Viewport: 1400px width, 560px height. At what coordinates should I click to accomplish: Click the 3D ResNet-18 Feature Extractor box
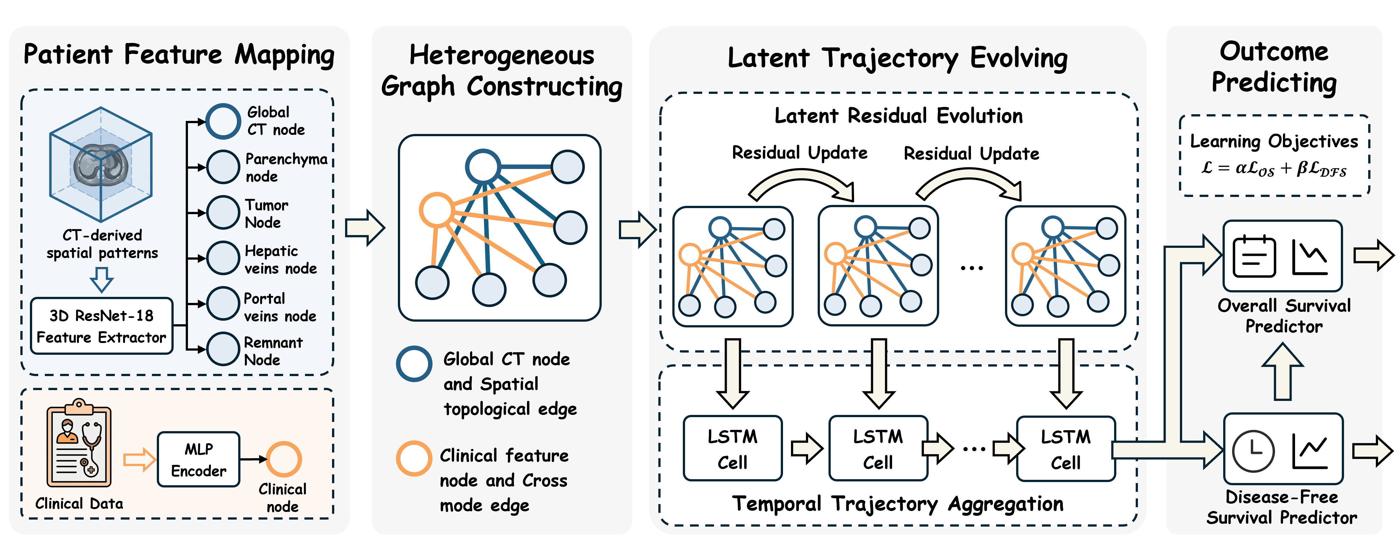click(102, 326)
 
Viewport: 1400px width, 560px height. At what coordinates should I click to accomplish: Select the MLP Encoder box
click(198, 459)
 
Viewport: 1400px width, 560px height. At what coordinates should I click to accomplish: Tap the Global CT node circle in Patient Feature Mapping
click(223, 121)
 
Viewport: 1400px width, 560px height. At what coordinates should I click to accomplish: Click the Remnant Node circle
click(223, 349)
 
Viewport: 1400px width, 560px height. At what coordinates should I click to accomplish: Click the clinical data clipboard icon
click(79, 443)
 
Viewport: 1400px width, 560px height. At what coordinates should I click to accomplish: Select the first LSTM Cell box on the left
click(733, 449)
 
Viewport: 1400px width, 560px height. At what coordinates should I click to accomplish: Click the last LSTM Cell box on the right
click(1066, 449)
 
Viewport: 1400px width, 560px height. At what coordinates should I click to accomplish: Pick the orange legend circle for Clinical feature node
click(414, 458)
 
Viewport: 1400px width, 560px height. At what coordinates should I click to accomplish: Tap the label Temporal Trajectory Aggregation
click(898, 504)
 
